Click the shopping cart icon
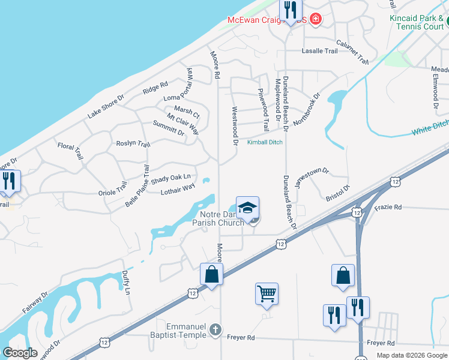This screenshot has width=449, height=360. [267, 294]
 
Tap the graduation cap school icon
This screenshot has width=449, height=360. [247, 208]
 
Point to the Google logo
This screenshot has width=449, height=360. [20, 353]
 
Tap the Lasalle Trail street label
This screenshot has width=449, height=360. [319, 52]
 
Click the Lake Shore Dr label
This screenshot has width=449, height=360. [106, 106]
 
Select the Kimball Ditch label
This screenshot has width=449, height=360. [265, 142]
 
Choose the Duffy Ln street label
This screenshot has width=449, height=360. [126, 282]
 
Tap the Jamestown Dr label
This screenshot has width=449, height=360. [312, 178]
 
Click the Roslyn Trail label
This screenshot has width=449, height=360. [133, 144]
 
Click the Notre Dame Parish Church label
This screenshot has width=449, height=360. [218, 218]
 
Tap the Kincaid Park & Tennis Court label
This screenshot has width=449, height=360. [417, 22]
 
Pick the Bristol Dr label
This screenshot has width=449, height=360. [337, 193]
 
